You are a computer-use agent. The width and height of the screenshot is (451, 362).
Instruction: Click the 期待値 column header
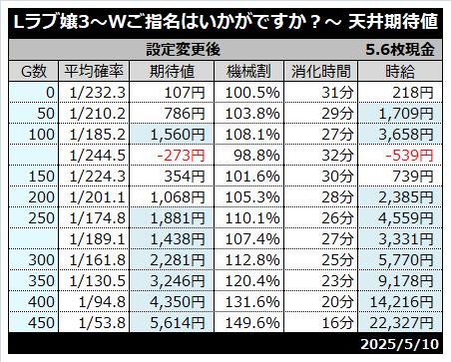coord(172,71)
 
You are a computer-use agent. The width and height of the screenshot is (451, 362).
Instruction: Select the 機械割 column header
coord(248,71)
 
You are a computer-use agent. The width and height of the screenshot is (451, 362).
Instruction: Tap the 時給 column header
coord(400,71)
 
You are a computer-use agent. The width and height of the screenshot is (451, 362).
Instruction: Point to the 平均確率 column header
coord(94,71)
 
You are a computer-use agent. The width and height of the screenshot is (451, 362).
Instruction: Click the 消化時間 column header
coord(321,71)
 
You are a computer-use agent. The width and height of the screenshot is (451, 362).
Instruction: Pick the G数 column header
coord(34,71)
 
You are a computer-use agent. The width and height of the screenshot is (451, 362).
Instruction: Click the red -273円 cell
coord(181,156)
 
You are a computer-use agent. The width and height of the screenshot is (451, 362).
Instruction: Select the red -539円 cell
coord(409,156)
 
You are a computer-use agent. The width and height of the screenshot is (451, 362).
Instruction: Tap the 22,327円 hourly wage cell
coord(402,323)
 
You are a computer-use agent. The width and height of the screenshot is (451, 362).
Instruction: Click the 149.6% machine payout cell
coord(252,323)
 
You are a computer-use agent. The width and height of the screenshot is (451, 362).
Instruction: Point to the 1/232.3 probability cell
coord(98,93)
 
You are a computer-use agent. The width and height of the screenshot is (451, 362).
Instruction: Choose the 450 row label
coord(41,323)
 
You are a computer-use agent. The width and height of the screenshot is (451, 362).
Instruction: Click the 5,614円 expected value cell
coord(178,323)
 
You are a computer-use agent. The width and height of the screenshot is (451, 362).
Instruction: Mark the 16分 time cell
coord(337,323)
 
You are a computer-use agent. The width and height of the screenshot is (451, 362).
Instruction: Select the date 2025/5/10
coord(400,344)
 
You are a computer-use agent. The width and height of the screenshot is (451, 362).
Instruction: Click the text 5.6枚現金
coord(400,50)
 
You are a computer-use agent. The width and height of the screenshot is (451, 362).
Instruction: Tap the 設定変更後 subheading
coord(184,50)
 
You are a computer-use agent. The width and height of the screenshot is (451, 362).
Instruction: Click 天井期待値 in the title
coord(393,23)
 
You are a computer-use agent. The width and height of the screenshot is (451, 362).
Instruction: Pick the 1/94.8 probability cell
coord(102,302)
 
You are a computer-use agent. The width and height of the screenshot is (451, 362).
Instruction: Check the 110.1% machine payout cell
coord(252,218)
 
